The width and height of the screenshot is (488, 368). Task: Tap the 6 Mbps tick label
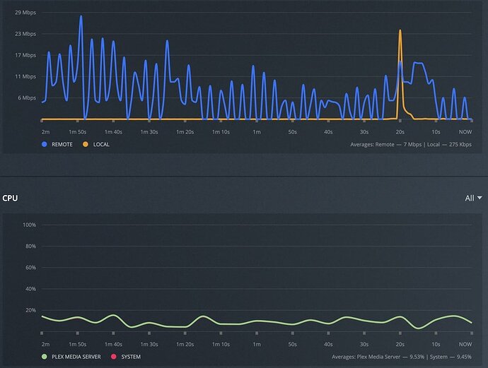click(x=26, y=98)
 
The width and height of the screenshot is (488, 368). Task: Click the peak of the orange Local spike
click(x=400, y=31)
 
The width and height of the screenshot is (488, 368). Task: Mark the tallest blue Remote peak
click(x=81, y=16)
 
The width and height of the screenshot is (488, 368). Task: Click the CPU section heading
click(x=10, y=198)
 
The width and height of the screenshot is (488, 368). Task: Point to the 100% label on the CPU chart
click(x=29, y=225)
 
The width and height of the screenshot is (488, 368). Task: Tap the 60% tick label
click(x=30, y=268)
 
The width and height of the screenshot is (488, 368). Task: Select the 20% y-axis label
click(x=30, y=310)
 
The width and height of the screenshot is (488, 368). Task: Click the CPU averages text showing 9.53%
click(x=402, y=356)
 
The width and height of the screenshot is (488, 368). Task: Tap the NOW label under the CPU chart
click(x=465, y=344)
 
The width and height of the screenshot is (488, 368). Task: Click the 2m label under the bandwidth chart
click(x=45, y=132)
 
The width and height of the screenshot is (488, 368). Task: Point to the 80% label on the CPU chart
click(x=30, y=246)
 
